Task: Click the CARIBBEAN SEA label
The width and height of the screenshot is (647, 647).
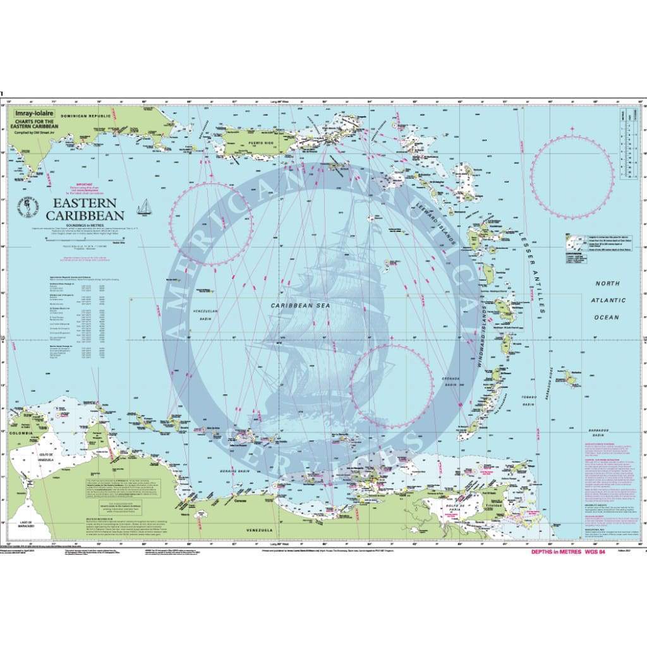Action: (301, 305)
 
